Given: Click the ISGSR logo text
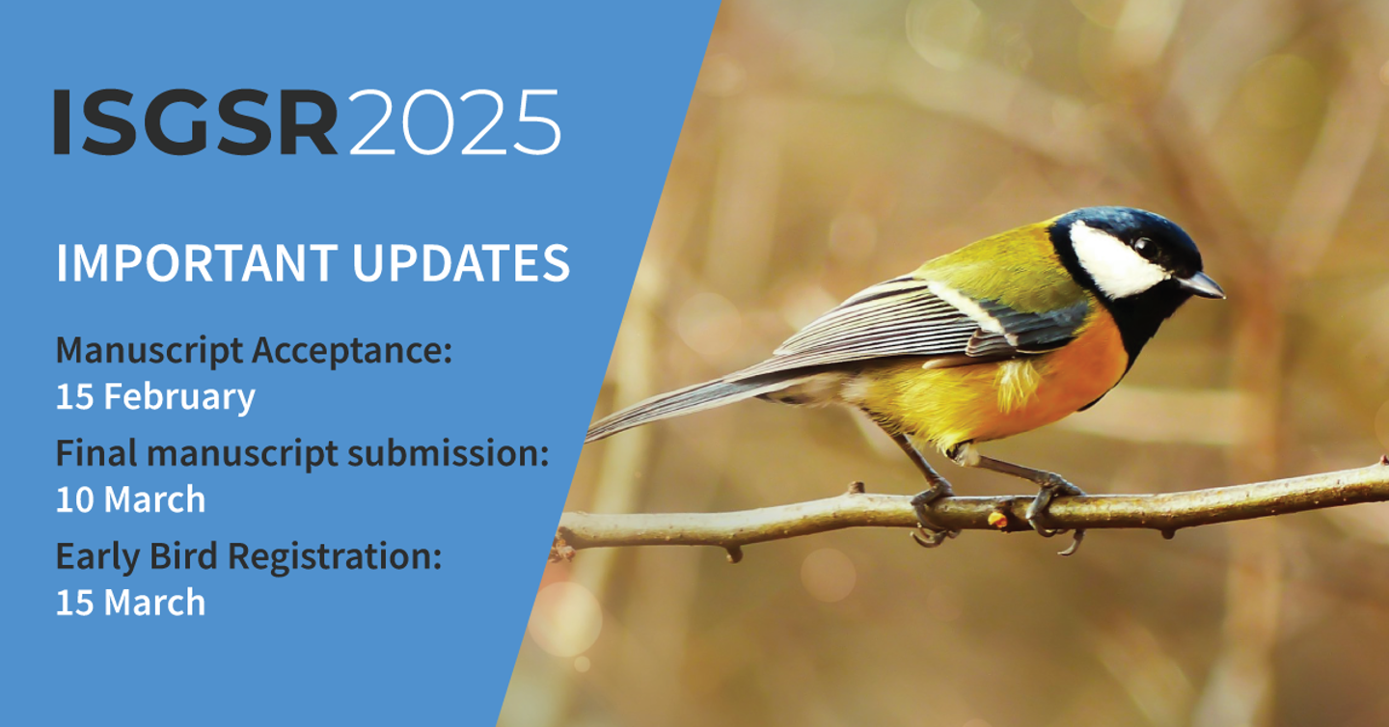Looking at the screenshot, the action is (x=195, y=122).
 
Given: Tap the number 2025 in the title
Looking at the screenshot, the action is (x=455, y=122).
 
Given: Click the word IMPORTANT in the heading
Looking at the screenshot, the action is (x=197, y=263).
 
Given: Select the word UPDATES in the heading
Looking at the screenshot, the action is (x=461, y=263).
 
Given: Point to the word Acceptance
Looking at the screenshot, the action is (x=352, y=351).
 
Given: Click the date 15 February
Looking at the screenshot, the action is (x=155, y=396).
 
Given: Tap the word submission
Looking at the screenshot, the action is (x=449, y=453).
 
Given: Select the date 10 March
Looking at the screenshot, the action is (x=131, y=499).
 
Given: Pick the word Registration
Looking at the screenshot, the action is (x=335, y=556).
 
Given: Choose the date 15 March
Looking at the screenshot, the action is (x=131, y=603).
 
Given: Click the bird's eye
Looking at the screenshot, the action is (x=1146, y=248).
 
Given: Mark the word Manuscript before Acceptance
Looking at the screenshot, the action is (x=150, y=351).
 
